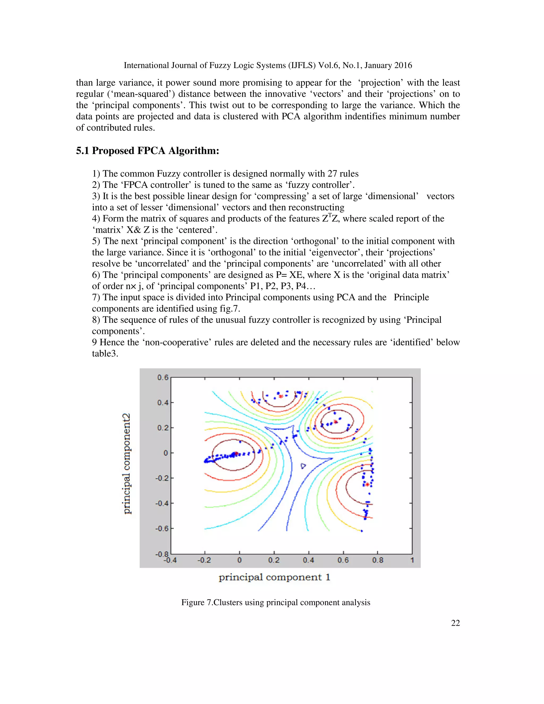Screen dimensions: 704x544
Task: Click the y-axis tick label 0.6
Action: pos(163,377)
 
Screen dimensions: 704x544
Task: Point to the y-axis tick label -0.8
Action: pos(162,554)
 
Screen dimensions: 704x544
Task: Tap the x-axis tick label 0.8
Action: pos(377,560)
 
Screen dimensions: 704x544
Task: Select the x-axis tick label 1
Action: pos(412,560)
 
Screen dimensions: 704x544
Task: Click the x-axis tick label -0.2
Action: pos(204,560)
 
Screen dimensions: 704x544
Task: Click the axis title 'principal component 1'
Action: pos(274,577)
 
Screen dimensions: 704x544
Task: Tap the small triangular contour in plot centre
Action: pos(303,466)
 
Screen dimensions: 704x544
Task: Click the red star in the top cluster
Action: pos(281,396)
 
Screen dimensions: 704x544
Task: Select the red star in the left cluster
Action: pos(236,453)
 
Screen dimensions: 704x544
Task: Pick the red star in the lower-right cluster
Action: pos(367,484)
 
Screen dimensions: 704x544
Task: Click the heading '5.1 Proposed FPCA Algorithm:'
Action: pos(147,151)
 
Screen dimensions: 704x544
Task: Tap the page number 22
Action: pos(455,623)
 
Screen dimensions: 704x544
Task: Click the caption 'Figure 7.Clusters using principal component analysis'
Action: pos(275,603)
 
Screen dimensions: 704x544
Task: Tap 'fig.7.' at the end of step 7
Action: pos(230,309)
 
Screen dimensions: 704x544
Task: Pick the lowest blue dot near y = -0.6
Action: pos(362,531)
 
